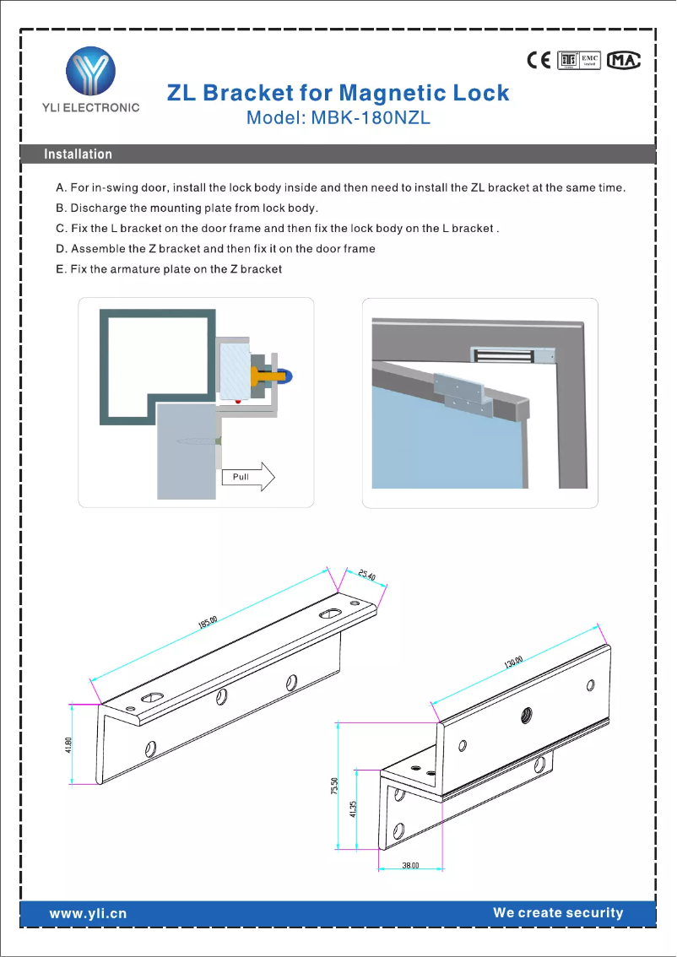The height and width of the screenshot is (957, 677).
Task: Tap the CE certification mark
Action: click(x=539, y=60)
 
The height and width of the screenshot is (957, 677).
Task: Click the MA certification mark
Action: click(x=625, y=60)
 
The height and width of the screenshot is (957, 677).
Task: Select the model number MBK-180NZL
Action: click(x=371, y=118)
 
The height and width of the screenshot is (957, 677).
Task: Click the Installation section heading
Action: click(x=78, y=154)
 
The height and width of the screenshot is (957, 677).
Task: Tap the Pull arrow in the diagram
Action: click(x=250, y=477)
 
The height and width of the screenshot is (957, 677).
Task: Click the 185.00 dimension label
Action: click(x=209, y=623)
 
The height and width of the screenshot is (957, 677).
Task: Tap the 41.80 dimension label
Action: click(x=69, y=747)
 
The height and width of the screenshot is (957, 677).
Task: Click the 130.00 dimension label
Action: click(x=514, y=662)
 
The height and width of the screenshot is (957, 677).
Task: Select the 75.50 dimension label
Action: click(x=334, y=786)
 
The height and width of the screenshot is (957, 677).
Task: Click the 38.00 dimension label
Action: click(x=410, y=866)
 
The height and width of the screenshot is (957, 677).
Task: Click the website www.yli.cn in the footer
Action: click(x=88, y=913)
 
